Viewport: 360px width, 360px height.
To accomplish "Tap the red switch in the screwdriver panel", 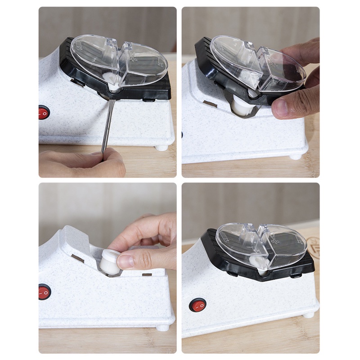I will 44,112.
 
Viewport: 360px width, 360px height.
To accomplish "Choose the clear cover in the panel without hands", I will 261,245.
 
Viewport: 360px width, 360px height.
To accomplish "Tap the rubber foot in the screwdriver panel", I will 161,147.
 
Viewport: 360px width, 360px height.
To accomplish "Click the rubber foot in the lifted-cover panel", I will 295,156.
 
